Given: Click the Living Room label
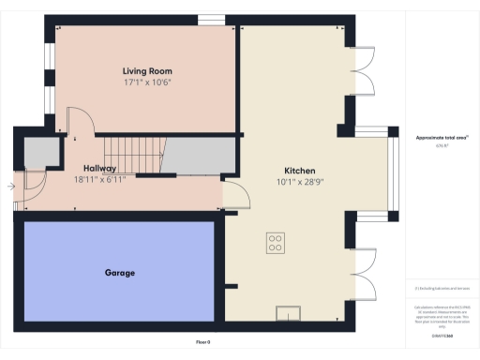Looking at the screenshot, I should click(147, 71).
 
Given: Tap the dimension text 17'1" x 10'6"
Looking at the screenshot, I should click(147, 82).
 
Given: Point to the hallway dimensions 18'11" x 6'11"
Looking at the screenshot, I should click(99, 179).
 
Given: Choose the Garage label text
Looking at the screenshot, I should click(119, 273).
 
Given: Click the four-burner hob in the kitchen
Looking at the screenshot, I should click(276, 242).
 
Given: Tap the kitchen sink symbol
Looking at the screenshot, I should click(287, 313).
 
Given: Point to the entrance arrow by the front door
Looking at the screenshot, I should click(9, 187).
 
